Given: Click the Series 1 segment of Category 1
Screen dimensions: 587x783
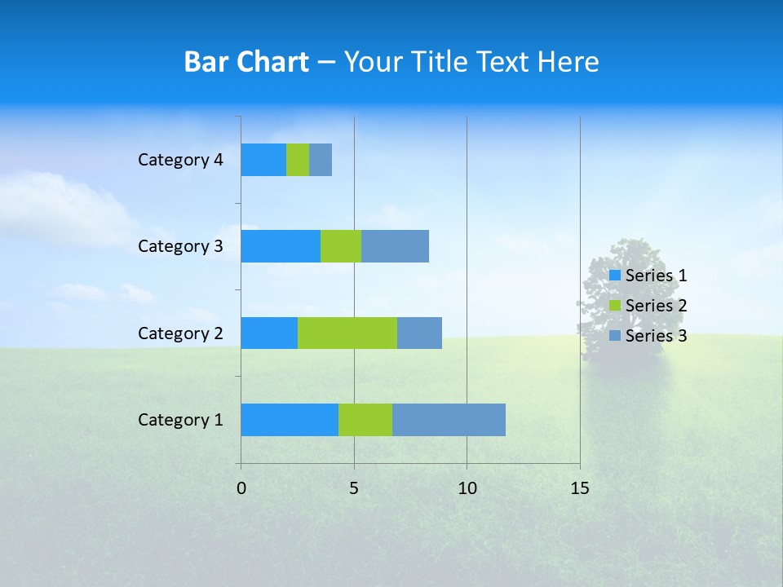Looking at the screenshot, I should click(290, 419).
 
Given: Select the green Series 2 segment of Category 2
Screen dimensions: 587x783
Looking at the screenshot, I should click(347, 333).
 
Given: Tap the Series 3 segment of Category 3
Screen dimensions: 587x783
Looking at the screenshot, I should click(395, 246).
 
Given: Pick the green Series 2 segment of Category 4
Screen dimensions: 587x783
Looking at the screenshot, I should click(298, 160).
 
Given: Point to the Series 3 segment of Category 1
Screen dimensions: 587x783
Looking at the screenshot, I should click(449, 419).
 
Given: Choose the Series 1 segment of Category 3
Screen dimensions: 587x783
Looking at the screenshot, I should click(281, 246).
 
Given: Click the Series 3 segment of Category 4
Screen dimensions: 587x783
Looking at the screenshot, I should click(321, 160).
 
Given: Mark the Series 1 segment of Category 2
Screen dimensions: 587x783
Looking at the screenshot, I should click(269, 333).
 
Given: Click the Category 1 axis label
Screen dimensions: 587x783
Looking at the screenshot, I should click(180, 420).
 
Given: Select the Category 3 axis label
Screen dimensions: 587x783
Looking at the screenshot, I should click(180, 246).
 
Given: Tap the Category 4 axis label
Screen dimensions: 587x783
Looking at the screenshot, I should click(180, 160).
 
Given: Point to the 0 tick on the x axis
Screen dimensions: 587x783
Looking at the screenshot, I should click(241, 488).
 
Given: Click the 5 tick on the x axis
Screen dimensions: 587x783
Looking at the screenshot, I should click(354, 488).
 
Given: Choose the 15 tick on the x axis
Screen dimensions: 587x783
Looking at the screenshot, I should click(580, 488).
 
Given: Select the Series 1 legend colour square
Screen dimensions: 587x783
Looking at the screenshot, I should click(615, 276).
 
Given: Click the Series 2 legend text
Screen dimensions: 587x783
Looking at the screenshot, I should click(656, 306).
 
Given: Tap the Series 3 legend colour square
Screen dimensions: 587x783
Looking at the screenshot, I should click(615, 336).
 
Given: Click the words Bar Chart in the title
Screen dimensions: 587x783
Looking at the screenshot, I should click(246, 62).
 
